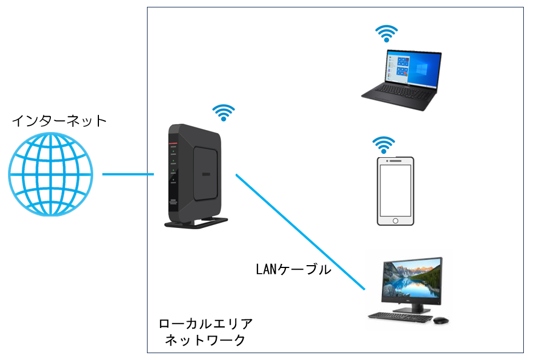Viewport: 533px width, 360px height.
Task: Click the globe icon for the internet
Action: click(50, 174)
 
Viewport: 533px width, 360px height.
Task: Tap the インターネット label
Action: click(59, 121)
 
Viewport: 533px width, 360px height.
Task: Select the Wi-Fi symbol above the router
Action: click(224, 113)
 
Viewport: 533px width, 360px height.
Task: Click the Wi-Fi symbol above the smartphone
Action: click(384, 145)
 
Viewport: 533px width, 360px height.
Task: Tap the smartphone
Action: click(395, 191)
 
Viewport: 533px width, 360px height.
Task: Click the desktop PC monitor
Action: click(412, 279)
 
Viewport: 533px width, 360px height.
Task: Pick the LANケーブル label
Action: click(293, 269)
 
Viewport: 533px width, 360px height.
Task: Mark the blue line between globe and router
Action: click(128, 174)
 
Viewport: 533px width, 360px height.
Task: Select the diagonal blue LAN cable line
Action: click(300, 231)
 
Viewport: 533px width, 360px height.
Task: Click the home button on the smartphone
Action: click(395, 220)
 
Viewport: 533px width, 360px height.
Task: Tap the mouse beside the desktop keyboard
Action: click(440, 320)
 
